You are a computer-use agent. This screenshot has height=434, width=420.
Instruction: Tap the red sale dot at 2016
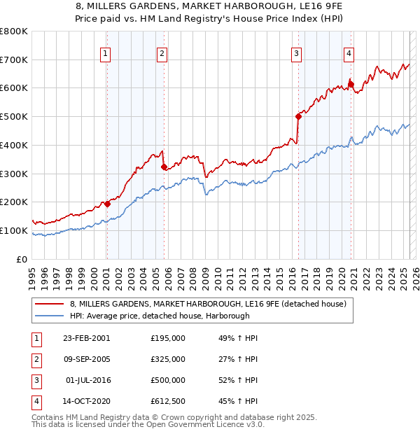pyautogui.click(x=298, y=117)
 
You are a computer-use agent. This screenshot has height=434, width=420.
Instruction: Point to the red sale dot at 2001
pyautogui.click(x=107, y=204)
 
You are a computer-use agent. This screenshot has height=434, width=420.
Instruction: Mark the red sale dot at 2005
pyautogui.click(x=164, y=167)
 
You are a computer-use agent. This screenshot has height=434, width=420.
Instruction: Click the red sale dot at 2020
pyautogui.click(x=351, y=85)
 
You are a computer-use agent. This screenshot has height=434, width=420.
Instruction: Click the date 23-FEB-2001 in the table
pyautogui.click(x=86, y=338)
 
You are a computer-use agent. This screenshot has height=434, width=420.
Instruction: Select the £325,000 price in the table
pyautogui.click(x=168, y=359)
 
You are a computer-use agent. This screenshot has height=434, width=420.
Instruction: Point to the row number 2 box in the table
pyautogui.click(x=36, y=359)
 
